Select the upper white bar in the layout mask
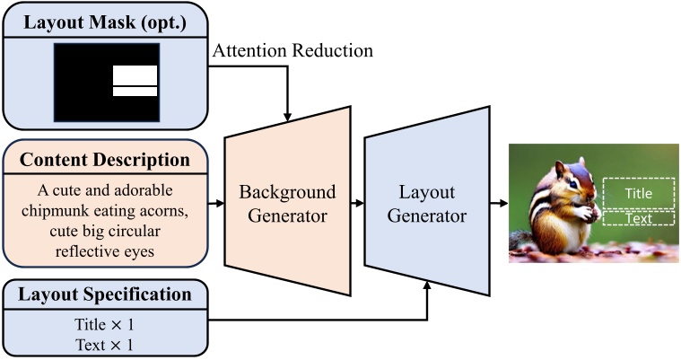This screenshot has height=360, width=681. tap(135, 75)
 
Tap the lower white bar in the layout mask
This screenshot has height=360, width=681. tap(135, 91)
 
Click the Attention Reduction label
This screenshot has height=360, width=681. tap(292, 50)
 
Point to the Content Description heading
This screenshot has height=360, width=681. tap(105, 161)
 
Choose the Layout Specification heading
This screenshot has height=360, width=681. tap(105, 294)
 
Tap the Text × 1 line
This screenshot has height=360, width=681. tap(105, 345)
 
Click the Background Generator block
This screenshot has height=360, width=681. tap(286, 205)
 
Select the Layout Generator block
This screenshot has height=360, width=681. tap(426, 205)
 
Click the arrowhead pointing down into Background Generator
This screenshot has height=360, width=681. tap(286, 114)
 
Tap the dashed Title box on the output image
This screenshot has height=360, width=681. tap(638, 192)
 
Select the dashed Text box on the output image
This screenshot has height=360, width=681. tap(638, 217)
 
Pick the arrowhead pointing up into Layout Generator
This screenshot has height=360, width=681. tap(428, 285)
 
